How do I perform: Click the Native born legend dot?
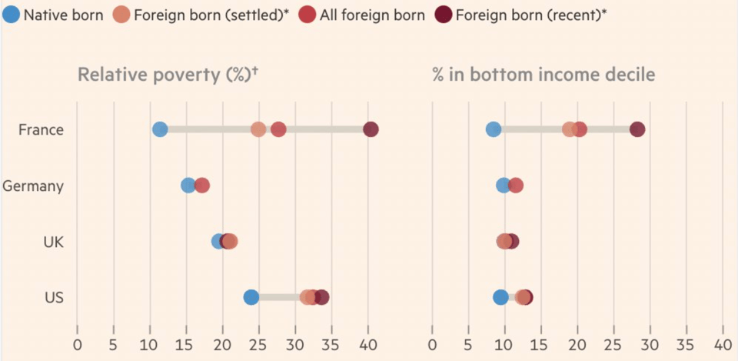coord(12,15)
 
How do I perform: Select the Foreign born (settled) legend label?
coord(211,15)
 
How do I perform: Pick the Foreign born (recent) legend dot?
coord(443,15)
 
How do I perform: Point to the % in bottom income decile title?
coord(543,75)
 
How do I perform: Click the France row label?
coord(41,129)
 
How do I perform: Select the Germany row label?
coord(33,186)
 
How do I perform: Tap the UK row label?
coord(53,242)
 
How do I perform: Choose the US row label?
coord(54,298)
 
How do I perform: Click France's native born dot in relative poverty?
coord(160,129)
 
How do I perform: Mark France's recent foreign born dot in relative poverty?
coord(371,129)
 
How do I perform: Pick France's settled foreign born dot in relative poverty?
coord(258,129)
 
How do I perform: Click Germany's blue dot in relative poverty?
coord(188,186)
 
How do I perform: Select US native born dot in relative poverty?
coord(251,297)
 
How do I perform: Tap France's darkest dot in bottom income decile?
coord(637,129)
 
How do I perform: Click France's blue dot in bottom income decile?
coord(494,129)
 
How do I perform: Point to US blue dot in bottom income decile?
coord(500,297)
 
